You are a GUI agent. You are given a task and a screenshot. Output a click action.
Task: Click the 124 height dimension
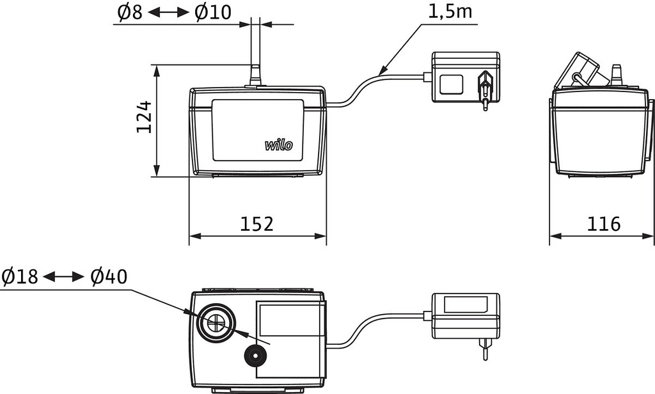pyautogui.click(x=145, y=116)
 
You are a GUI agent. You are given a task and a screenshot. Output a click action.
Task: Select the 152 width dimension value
pyautogui.click(x=256, y=224)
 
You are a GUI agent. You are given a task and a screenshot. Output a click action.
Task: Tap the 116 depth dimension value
pyautogui.click(x=604, y=224)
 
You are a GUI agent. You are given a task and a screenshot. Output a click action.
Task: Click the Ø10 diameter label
pyautogui.click(x=214, y=12)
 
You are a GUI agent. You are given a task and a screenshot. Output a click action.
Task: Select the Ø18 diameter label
pyautogui.click(x=20, y=277)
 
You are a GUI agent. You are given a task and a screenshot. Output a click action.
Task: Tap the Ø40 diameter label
pyautogui.click(x=109, y=277)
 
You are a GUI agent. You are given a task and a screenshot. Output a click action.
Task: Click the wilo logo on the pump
pyautogui.click(x=279, y=145)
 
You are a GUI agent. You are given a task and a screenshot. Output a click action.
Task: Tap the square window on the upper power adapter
pyautogui.click(x=452, y=84)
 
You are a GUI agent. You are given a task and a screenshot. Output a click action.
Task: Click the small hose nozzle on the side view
pyautogui.click(x=617, y=74)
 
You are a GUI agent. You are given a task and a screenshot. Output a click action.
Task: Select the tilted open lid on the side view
pyautogui.click(x=578, y=72)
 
